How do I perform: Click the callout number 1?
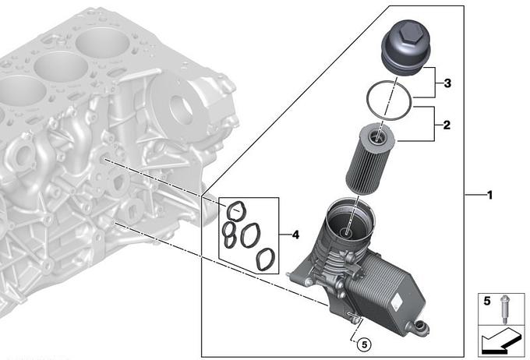click(489, 195)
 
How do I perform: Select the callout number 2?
click(447, 125)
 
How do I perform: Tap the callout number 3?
click(447, 83)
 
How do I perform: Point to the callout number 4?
click(295, 235)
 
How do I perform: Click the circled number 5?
click(365, 344)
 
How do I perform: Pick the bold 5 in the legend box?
click(486, 301)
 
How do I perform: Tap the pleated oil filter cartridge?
click(372, 159)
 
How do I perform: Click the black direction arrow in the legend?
click(502, 342)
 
